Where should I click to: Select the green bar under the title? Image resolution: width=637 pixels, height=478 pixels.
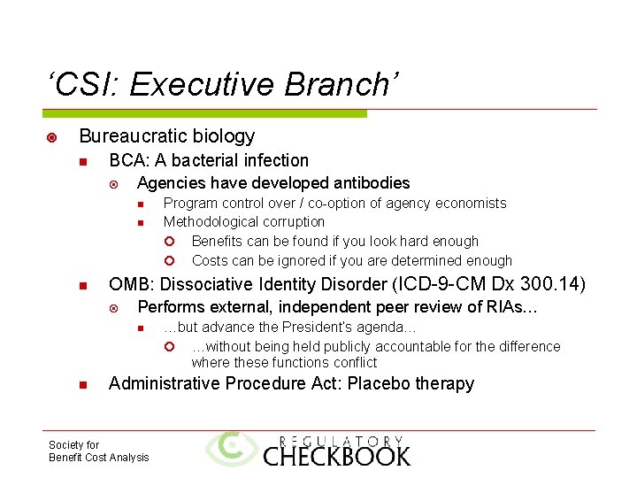tap(204, 113)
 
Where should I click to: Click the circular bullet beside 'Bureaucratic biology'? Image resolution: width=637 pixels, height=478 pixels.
tap(52, 137)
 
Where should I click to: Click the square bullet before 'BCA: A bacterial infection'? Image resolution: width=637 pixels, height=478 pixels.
tap(82, 162)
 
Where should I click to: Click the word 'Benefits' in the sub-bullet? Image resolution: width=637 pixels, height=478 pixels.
tap(218, 242)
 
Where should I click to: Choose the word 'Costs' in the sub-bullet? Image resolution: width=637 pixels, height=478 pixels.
tap(210, 261)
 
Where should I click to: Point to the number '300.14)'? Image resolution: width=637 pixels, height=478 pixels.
tap(554, 284)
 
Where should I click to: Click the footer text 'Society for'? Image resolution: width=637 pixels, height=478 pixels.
tap(74, 445)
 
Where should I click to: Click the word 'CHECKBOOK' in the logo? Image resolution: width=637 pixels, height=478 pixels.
tap(337, 456)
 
